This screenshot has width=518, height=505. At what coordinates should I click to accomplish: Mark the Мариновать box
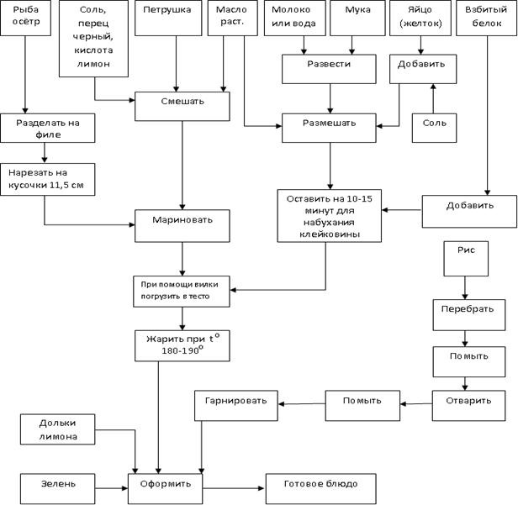(182, 223)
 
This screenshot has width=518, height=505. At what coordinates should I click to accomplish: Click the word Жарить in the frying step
(166, 339)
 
